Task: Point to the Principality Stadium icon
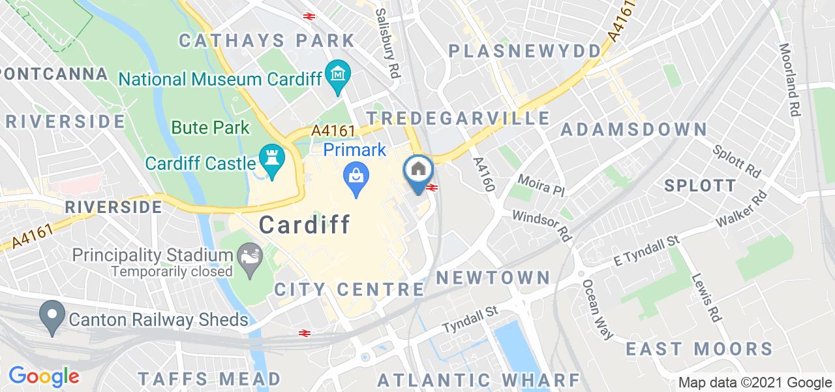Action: [x=248, y=253]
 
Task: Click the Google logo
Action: [x=44, y=376]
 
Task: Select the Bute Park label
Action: [x=211, y=127]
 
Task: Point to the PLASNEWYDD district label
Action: [x=524, y=51]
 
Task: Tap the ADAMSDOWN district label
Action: [x=633, y=129]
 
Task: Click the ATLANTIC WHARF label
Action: [x=479, y=380]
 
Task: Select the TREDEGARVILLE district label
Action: [x=457, y=118]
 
